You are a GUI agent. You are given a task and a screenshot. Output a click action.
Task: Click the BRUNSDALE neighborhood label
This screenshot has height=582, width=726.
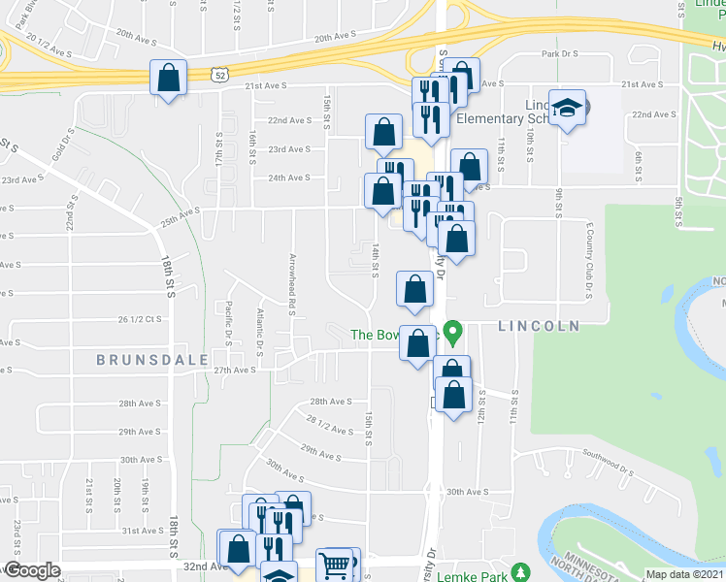click(x=152, y=359)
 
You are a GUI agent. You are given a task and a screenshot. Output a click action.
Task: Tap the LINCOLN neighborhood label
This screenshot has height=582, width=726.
click(x=538, y=326)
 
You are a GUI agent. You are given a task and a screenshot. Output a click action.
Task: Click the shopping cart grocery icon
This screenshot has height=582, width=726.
click(x=335, y=564)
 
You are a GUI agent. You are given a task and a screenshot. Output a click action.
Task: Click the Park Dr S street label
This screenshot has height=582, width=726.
click(x=560, y=55)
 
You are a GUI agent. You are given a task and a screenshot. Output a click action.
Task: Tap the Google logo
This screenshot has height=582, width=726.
click(x=32, y=570)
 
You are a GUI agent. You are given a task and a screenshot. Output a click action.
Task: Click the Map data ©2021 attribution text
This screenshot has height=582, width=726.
click(x=685, y=574)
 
